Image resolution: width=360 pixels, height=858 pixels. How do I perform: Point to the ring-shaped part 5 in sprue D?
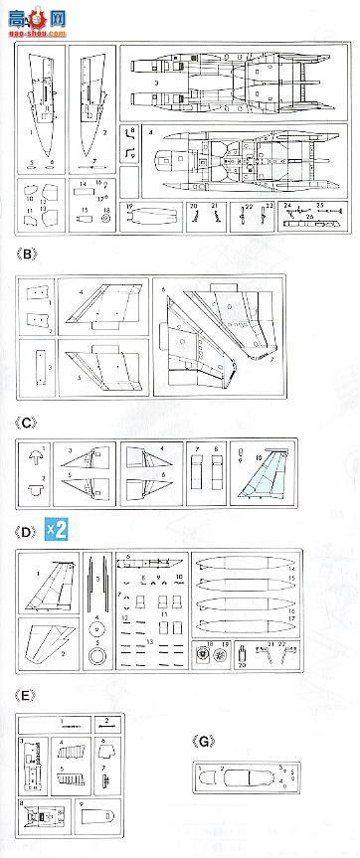[97, 655]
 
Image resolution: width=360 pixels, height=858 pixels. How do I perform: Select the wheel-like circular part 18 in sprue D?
[205, 655]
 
